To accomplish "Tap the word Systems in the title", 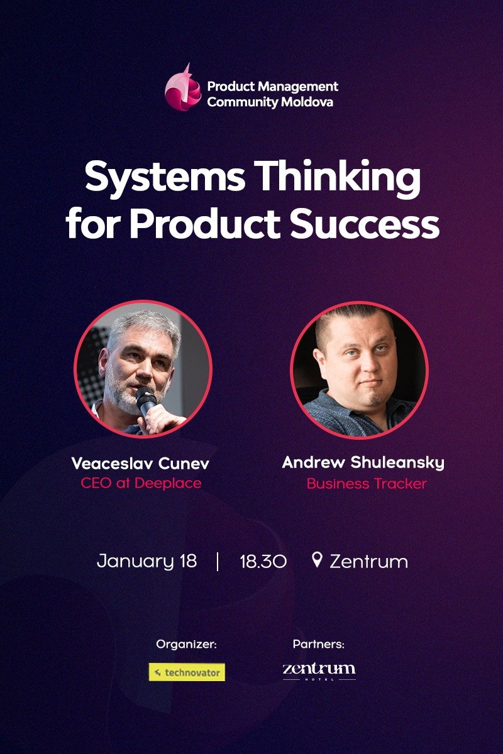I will click(165, 178).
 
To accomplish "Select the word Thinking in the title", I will click(339, 179).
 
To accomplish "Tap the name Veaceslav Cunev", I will click(141, 464).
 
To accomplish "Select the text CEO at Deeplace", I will click(141, 484).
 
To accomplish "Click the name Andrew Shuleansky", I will click(363, 463).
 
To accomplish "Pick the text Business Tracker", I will click(367, 484).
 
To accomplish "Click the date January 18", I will click(146, 561).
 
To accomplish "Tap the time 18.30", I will click(263, 561).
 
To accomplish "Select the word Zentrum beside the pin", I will click(368, 561).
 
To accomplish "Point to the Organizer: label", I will click(187, 644).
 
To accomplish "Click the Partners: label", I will click(319, 644).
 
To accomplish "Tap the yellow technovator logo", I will click(187, 672).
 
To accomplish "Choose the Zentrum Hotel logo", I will click(319, 670).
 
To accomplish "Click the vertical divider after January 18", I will click(218, 561).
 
